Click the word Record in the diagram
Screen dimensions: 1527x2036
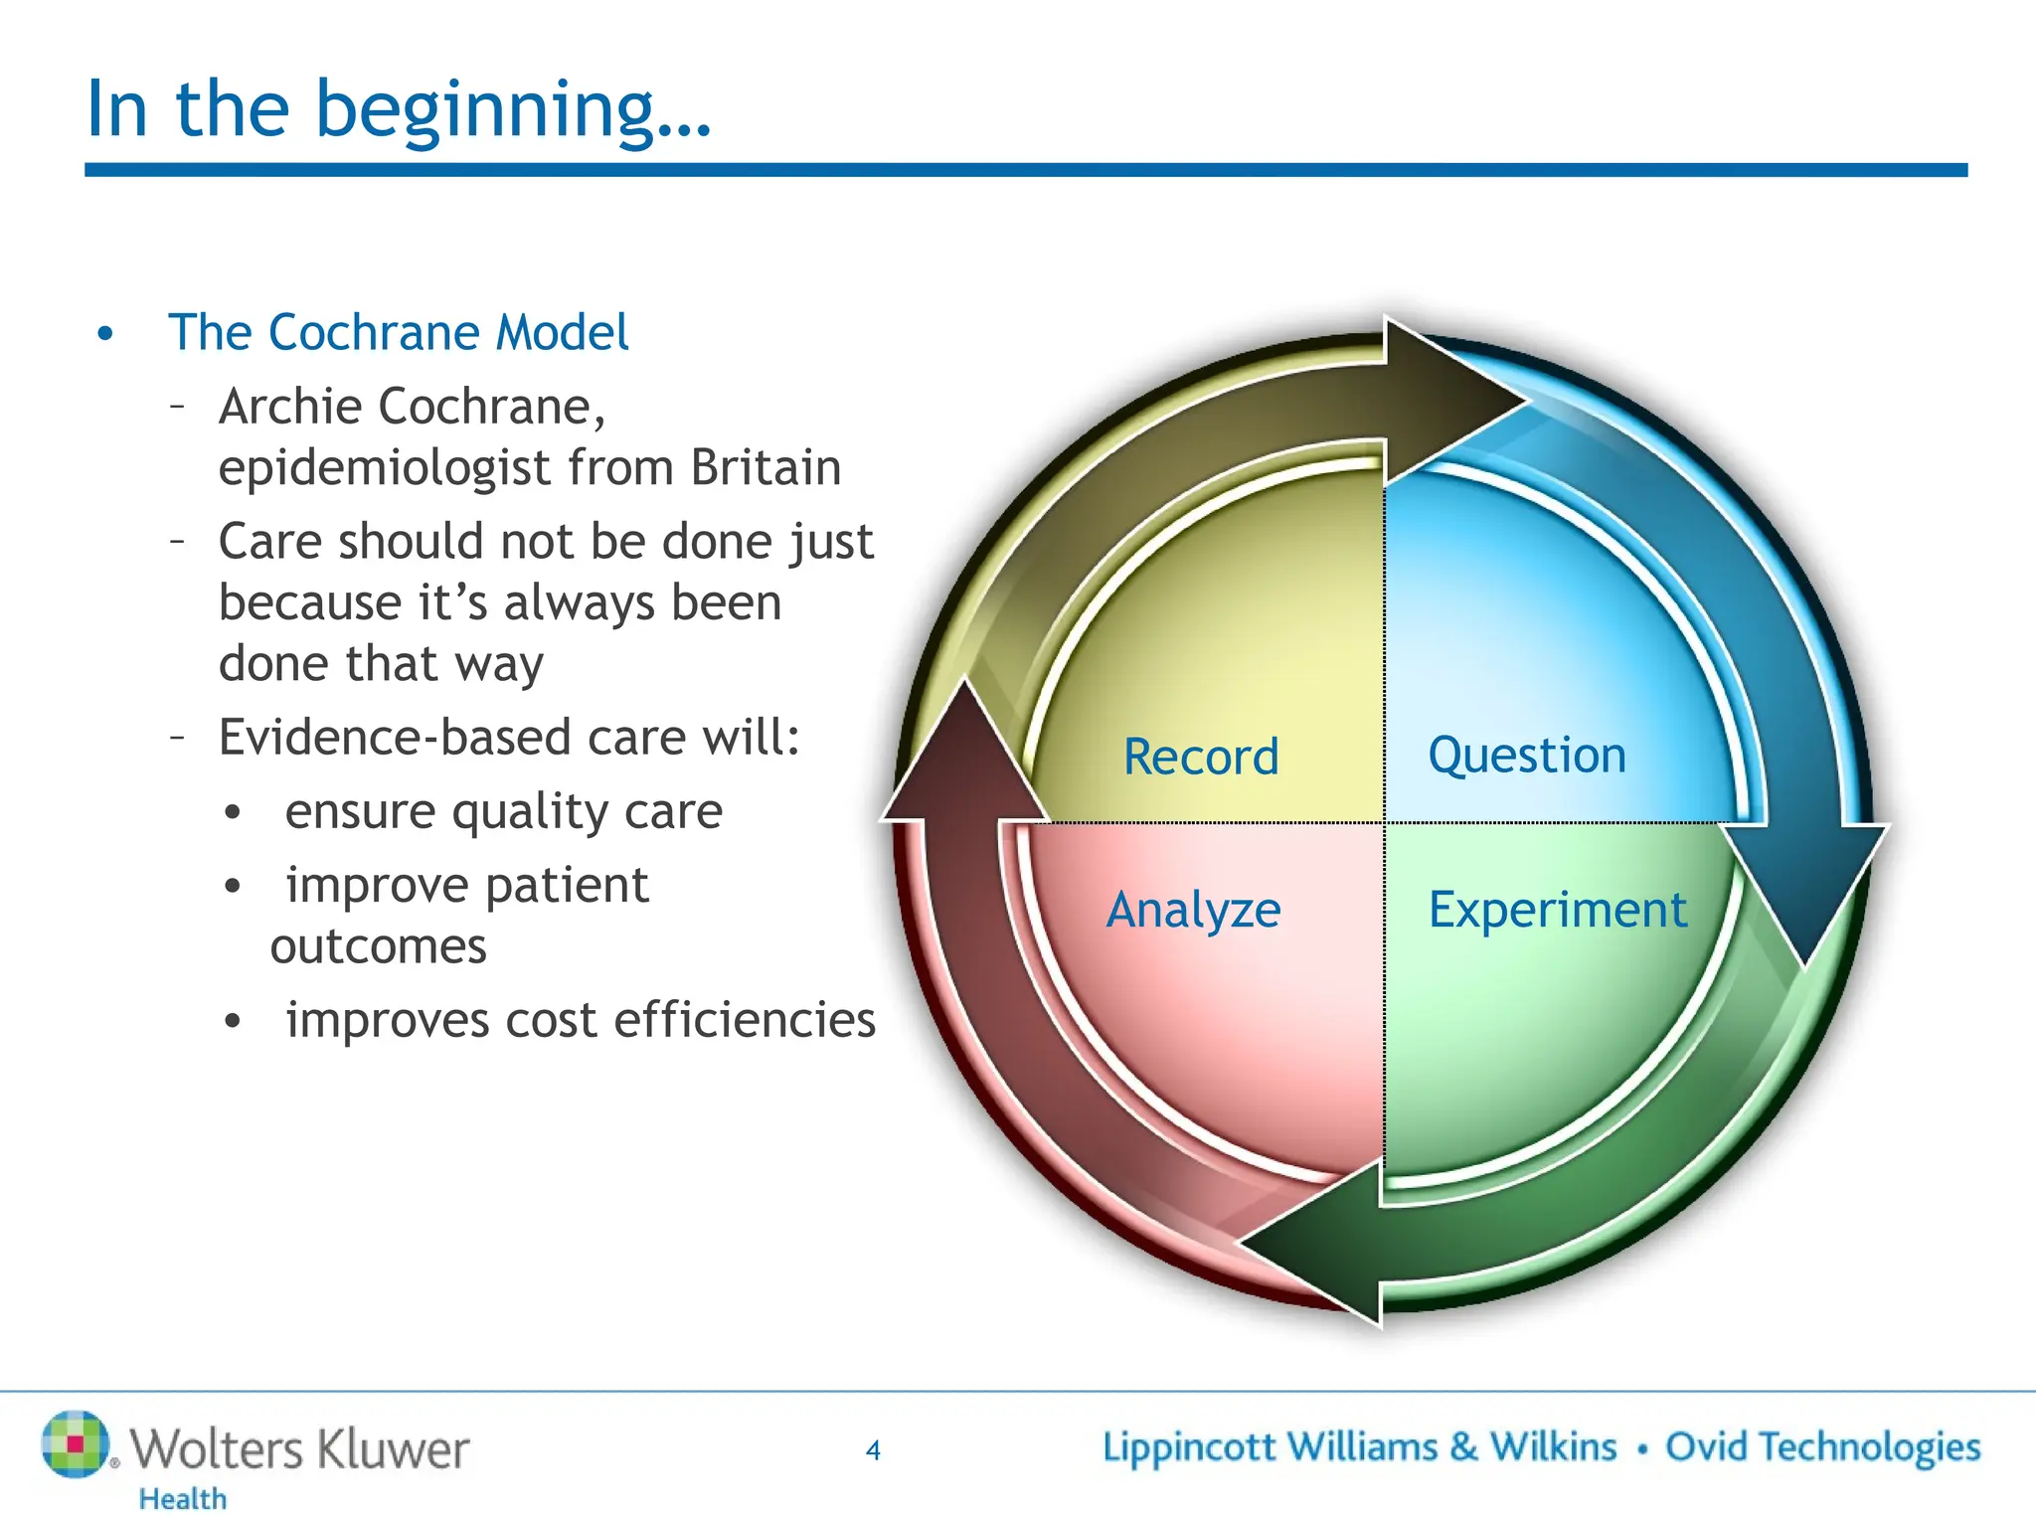pyautogui.click(x=1200, y=757)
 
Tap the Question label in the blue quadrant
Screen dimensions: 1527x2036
pyautogui.click(x=1526, y=755)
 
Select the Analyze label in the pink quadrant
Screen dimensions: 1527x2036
pyautogui.click(x=1193, y=910)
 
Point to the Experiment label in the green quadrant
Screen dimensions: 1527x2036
pyautogui.click(x=1557, y=910)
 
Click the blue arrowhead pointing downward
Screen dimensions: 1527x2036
pyautogui.click(x=1806, y=895)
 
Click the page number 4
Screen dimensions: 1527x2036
pyautogui.click(x=873, y=1450)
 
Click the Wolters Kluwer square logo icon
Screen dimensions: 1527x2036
pyautogui.click(x=75, y=1443)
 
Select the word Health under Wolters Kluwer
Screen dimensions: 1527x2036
pyautogui.click(x=183, y=1498)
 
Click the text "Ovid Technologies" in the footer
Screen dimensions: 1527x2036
pyautogui.click(x=1822, y=1447)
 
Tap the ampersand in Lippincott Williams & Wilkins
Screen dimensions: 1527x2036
pyautogui.click(x=1462, y=1447)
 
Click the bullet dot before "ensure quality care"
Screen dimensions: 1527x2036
pyautogui.click(x=233, y=813)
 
